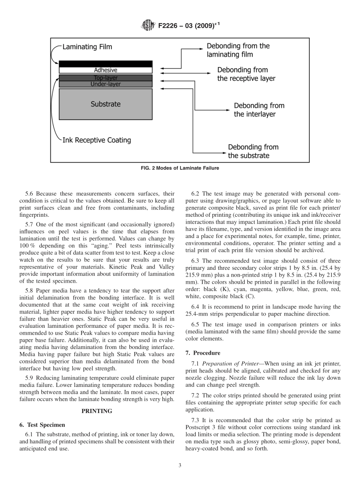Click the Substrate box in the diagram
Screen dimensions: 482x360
[x=105, y=104]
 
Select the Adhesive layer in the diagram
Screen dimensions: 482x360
[x=105, y=70]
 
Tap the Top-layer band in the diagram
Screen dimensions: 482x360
[x=105, y=78]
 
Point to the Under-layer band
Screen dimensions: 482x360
[x=105, y=84]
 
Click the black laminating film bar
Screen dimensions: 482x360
[x=105, y=64]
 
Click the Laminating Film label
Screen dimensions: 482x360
[x=87, y=47]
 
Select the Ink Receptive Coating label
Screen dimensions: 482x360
[x=97, y=140]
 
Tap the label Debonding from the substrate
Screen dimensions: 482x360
[x=253, y=151]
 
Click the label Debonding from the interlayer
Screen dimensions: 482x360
[x=259, y=110]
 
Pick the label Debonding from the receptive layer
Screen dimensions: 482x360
[x=246, y=74]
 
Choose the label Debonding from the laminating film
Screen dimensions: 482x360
[x=238, y=50]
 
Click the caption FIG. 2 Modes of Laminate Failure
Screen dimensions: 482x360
[x=180, y=168]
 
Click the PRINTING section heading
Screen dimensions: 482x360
[x=97, y=411]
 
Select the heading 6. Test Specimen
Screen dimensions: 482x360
[x=42, y=425]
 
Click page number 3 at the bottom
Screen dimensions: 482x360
[x=180, y=466]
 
